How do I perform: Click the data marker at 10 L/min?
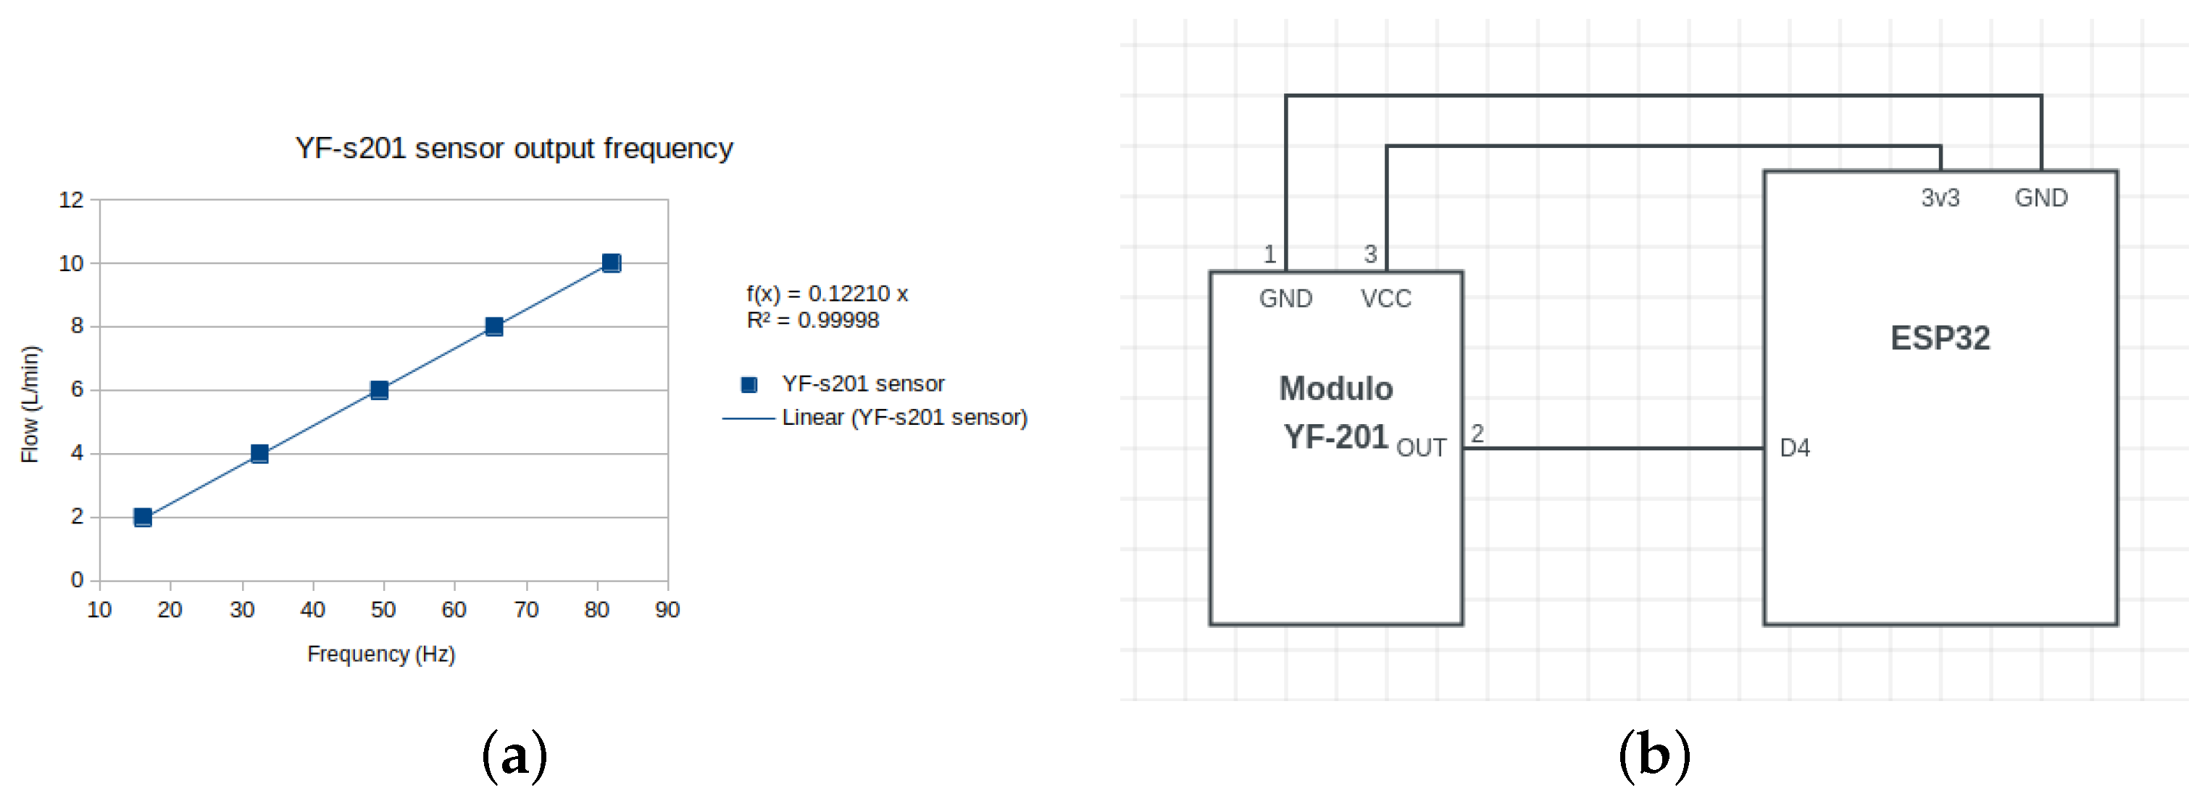pos(611,262)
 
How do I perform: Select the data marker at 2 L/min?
pos(143,517)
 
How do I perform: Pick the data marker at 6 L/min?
pos(378,389)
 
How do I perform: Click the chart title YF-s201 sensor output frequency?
pos(514,149)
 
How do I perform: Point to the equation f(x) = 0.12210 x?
pos(826,294)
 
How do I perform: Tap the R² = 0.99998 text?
pos(812,320)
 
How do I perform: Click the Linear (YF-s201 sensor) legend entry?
pos(904,418)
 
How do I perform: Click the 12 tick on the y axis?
pos(71,200)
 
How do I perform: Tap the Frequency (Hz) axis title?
pos(381,654)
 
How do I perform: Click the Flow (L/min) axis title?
pos(30,403)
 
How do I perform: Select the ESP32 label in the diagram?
pos(1939,338)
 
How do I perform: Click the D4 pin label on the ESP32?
pos(1794,448)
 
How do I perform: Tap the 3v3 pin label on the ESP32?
pos(1939,198)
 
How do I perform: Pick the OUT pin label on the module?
pos(1421,448)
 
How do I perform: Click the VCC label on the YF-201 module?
pos(1385,299)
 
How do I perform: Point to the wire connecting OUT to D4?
pos(1613,448)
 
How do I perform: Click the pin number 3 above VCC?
pos(1370,254)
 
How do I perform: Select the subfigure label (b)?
pos(1654,755)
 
